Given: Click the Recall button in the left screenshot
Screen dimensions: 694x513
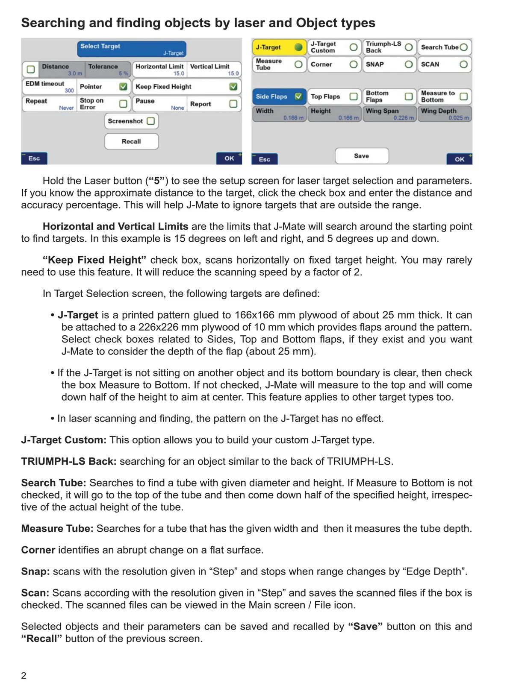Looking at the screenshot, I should [x=131, y=141].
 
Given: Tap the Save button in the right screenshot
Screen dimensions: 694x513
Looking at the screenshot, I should [x=362, y=156].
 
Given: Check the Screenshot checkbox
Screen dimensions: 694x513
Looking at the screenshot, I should [x=150, y=121].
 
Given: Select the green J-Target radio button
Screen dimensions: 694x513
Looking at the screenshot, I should [x=298, y=47].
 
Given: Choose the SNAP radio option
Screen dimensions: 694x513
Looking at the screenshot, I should [x=409, y=64].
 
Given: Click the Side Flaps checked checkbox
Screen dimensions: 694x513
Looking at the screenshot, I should [x=298, y=97].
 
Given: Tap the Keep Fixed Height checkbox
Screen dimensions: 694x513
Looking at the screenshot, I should [x=233, y=87].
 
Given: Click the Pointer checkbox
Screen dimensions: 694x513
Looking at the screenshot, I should [x=123, y=87].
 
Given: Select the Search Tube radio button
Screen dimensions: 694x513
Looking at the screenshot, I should [x=463, y=47].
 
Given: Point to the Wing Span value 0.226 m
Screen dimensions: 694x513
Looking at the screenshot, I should [x=404, y=118].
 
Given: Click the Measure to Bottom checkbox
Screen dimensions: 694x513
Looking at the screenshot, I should [x=463, y=97].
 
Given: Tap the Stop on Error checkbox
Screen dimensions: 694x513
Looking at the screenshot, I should [x=123, y=104].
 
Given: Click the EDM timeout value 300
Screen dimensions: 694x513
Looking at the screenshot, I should [x=69, y=91].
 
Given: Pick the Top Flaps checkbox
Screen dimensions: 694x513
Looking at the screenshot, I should [x=354, y=97].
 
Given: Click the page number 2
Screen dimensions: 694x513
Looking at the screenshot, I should [x=24, y=676].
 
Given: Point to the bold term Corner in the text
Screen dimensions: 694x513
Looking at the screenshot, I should [x=38, y=550].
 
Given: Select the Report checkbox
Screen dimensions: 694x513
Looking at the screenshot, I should [x=233, y=104].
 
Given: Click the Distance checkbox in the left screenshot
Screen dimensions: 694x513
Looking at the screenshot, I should [x=31, y=69].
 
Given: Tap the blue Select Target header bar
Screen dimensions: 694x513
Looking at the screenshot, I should [x=132, y=49].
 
